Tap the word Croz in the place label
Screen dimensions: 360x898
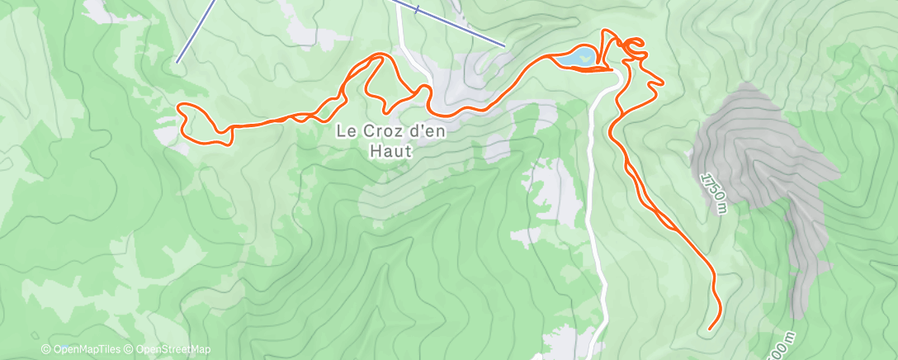(x=378, y=130)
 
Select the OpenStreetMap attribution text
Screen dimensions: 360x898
(x=169, y=350)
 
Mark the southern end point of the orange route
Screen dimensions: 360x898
(x=710, y=329)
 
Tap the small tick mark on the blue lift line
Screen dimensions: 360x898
(x=418, y=10)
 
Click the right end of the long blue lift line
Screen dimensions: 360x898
(x=503, y=45)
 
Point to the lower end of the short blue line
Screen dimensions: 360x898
(x=177, y=62)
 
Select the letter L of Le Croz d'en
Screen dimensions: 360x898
(x=340, y=130)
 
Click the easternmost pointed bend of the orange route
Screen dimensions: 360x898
(x=662, y=81)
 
